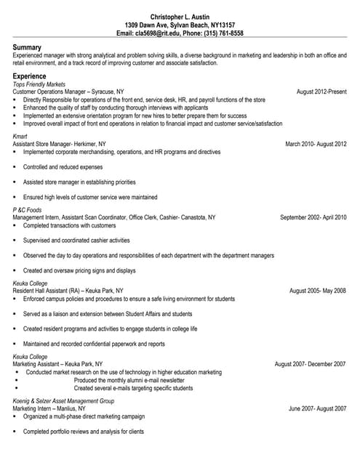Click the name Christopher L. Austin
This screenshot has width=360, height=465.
[180, 17]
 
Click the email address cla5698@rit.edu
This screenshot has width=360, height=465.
[159, 33]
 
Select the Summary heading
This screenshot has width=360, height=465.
[27, 47]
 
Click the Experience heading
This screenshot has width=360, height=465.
[30, 76]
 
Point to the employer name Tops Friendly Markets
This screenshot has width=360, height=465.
[41, 84]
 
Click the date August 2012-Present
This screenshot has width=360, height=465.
[321, 92]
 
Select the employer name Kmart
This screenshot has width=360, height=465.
[20, 136]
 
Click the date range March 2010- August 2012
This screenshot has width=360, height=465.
[316, 144]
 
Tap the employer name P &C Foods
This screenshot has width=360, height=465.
[28, 209]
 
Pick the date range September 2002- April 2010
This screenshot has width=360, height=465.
[313, 217]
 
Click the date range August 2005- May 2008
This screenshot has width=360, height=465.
[318, 291]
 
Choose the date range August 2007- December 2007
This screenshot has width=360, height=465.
[310, 364]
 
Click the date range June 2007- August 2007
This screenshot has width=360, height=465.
[317, 409]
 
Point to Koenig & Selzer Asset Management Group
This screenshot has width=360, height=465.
[64, 401]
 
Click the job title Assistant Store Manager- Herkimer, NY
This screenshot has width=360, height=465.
[59, 144]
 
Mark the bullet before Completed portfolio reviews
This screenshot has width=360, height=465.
[15, 432]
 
